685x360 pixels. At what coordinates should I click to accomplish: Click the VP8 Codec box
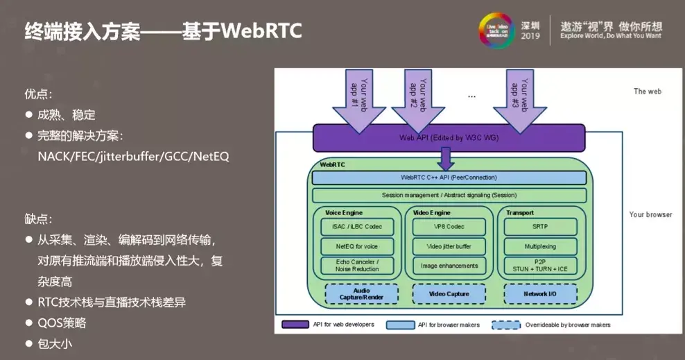point(449,227)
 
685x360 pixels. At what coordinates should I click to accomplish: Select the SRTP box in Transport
point(540,227)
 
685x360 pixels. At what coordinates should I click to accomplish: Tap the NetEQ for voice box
point(357,246)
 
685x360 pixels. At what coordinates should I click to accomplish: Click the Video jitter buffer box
point(449,246)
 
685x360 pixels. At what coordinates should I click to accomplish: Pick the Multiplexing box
point(540,246)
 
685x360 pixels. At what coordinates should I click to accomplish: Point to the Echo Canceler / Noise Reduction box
point(357,266)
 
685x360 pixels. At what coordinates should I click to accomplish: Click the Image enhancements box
point(449,266)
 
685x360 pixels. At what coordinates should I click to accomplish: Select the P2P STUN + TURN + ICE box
point(540,266)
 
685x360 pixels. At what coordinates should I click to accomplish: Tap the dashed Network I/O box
point(540,294)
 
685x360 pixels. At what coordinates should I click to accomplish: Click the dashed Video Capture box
point(449,294)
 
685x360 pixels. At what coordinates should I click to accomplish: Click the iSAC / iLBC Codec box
point(357,227)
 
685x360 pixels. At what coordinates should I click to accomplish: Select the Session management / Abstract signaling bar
point(449,195)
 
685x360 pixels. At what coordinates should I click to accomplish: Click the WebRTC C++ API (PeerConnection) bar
point(449,178)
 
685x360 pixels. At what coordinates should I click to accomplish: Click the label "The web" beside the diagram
point(647,92)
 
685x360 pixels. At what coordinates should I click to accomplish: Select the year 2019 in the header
point(530,35)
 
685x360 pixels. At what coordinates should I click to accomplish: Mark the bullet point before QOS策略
point(29,323)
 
